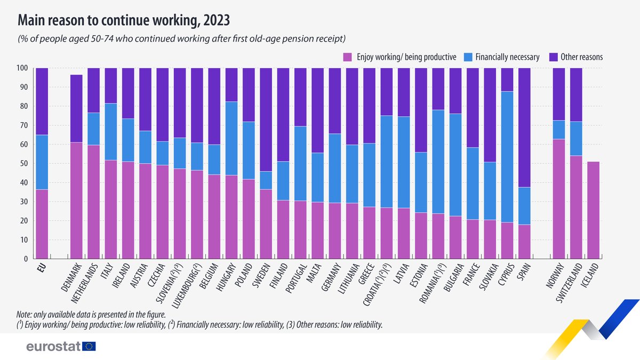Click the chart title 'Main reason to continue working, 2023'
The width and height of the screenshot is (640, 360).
coord(124,20)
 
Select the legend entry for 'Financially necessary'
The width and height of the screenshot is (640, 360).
coord(507,57)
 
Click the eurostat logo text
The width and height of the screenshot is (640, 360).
coord(53,347)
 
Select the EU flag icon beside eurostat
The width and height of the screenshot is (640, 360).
coord(89,347)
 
